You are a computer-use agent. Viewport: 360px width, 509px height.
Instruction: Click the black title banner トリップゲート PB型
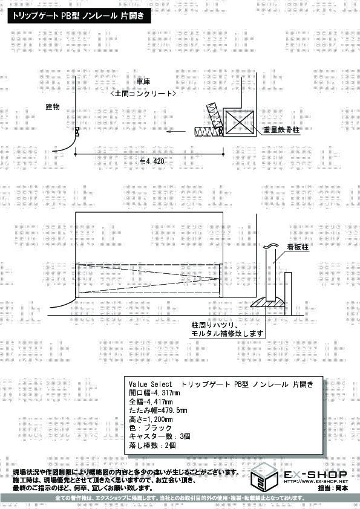[79, 16]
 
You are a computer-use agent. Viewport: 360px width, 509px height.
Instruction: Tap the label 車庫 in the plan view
[143, 81]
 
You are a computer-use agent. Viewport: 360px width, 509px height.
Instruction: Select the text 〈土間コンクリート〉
[143, 94]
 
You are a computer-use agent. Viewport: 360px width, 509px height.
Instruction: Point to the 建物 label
[53, 106]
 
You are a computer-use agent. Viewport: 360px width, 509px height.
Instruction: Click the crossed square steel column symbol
[240, 122]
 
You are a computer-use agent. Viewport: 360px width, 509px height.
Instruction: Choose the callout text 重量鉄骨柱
[281, 130]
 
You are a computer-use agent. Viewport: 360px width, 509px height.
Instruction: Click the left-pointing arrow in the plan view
[176, 131]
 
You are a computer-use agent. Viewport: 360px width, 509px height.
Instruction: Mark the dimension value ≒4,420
[152, 161]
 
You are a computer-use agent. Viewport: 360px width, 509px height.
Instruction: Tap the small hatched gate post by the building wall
[77, 131]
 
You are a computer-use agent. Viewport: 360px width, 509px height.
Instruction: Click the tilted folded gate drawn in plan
[215, 115]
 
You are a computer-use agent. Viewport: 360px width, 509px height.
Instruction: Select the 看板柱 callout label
[298, 247]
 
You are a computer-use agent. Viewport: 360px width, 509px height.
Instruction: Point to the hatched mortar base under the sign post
[269, 302]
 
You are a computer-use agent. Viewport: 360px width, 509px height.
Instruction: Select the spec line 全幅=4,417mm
[151, 402]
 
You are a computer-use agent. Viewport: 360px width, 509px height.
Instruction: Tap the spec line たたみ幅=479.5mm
[158, 410]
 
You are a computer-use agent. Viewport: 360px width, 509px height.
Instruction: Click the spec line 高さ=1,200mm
[151, 419]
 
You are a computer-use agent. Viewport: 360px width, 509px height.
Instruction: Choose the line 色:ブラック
[150, 428]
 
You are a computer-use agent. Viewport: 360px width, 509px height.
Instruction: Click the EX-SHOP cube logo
[264, 476]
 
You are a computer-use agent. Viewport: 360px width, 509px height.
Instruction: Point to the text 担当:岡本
[333, 488]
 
